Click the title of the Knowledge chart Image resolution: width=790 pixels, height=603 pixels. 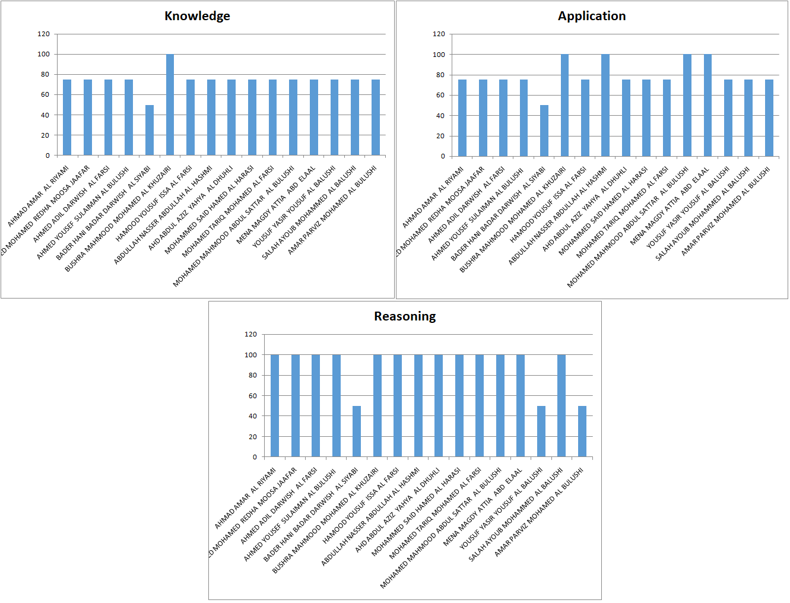pyautogui.click(x=197, y=16)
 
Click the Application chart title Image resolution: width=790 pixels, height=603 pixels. pyautogui.click(x=591, y=16)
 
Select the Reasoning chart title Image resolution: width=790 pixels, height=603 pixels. pyautogui.click(x=404, y=316)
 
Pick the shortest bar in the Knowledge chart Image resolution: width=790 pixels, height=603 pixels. pyautogui.click(x=150, y=130)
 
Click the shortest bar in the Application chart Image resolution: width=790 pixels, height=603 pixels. pyautogui.click(x=544, y=131)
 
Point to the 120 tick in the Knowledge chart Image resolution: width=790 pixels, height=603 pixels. pyautogui.click(x=44, y=34)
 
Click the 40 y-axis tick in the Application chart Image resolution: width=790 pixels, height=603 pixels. pyautogui.click(x=440, y=116)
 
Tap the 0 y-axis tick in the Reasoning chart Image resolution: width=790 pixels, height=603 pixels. pyautogui.click(x=255, y=457)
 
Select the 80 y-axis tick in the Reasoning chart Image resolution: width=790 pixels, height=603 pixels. pyautogui.click(x=253, y=375)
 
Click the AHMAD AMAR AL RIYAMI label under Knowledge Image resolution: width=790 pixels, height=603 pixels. pyautogui.click(x=39, y=196)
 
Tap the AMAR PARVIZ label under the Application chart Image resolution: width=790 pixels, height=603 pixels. pyautogui.click(x=725, y=211)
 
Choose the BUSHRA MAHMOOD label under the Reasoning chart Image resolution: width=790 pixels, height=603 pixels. pyautogui.click(x=325, y=522)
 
